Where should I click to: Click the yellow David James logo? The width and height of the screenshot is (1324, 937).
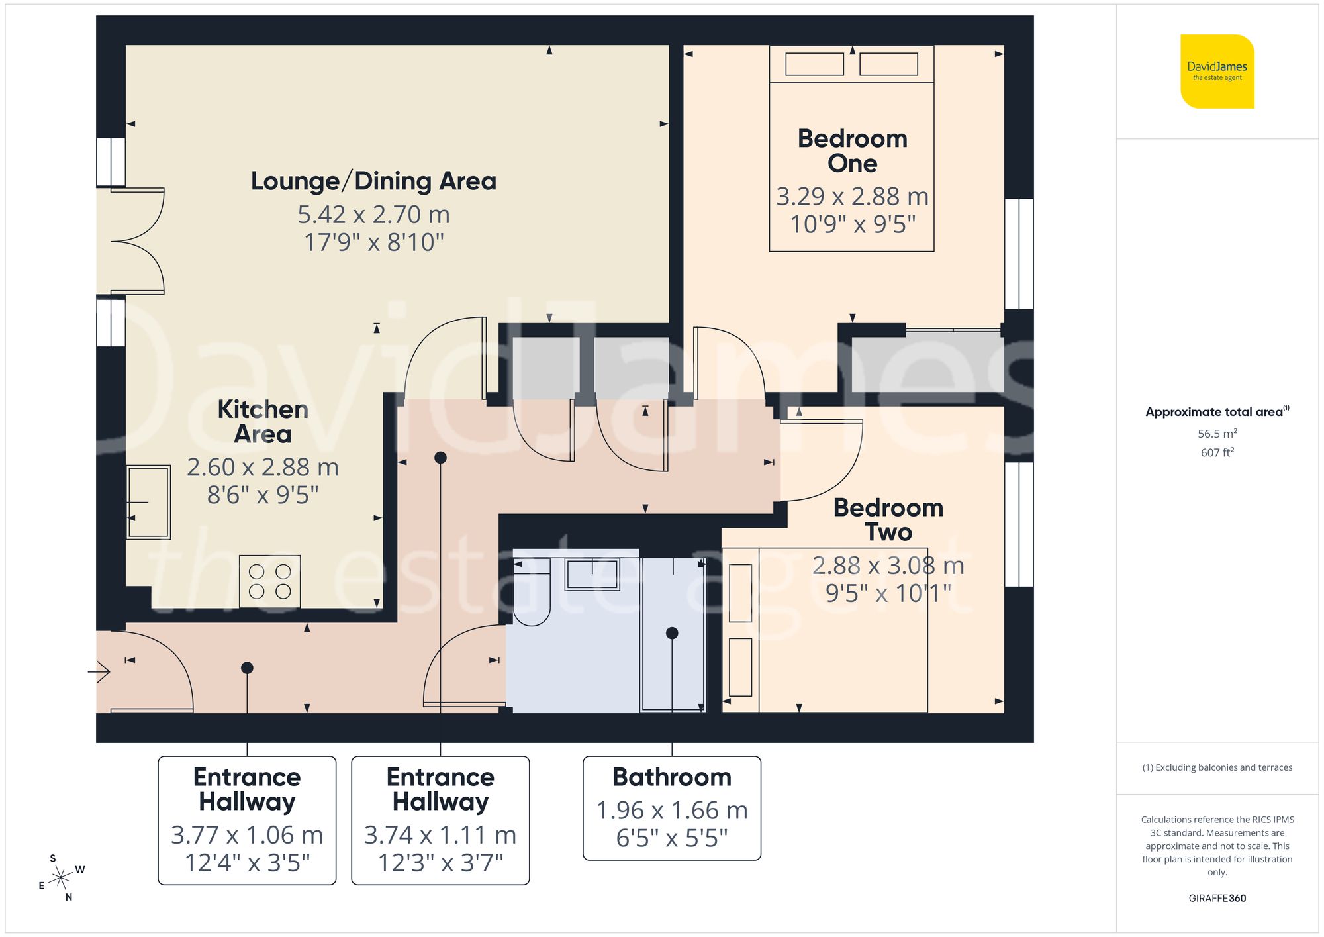(1217, 72)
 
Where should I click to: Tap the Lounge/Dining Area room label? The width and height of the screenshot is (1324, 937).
(373, 181)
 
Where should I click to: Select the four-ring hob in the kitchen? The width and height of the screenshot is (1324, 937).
(269, 581)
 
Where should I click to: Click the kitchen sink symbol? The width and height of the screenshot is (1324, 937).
(148, 502)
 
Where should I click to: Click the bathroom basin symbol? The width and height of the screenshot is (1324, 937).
(592, 574)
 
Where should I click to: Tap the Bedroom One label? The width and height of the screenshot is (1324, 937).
(852, 151)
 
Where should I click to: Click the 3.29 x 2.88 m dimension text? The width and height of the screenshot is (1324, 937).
(852, 197)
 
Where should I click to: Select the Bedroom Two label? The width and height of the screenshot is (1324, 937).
(888, 520)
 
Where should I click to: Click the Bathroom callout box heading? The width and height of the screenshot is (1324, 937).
(671, 777)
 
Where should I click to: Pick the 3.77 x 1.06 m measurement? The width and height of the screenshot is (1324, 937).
(247, 835)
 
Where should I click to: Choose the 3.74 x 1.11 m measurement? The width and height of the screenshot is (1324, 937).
(440, 835)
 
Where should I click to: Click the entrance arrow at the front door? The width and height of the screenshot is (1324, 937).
(99, 672)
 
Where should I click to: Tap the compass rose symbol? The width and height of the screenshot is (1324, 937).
(61, 878)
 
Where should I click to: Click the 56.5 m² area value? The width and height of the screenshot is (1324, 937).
(1217, 434)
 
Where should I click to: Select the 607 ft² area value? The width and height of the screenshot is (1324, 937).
(1217, 452)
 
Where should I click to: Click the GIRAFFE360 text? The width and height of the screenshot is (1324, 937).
(1217, 898)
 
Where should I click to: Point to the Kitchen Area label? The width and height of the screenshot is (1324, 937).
(263, 421)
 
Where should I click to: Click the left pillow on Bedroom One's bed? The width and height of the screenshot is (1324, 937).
(814, 64)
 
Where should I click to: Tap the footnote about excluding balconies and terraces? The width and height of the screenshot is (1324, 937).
(1217, 767)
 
